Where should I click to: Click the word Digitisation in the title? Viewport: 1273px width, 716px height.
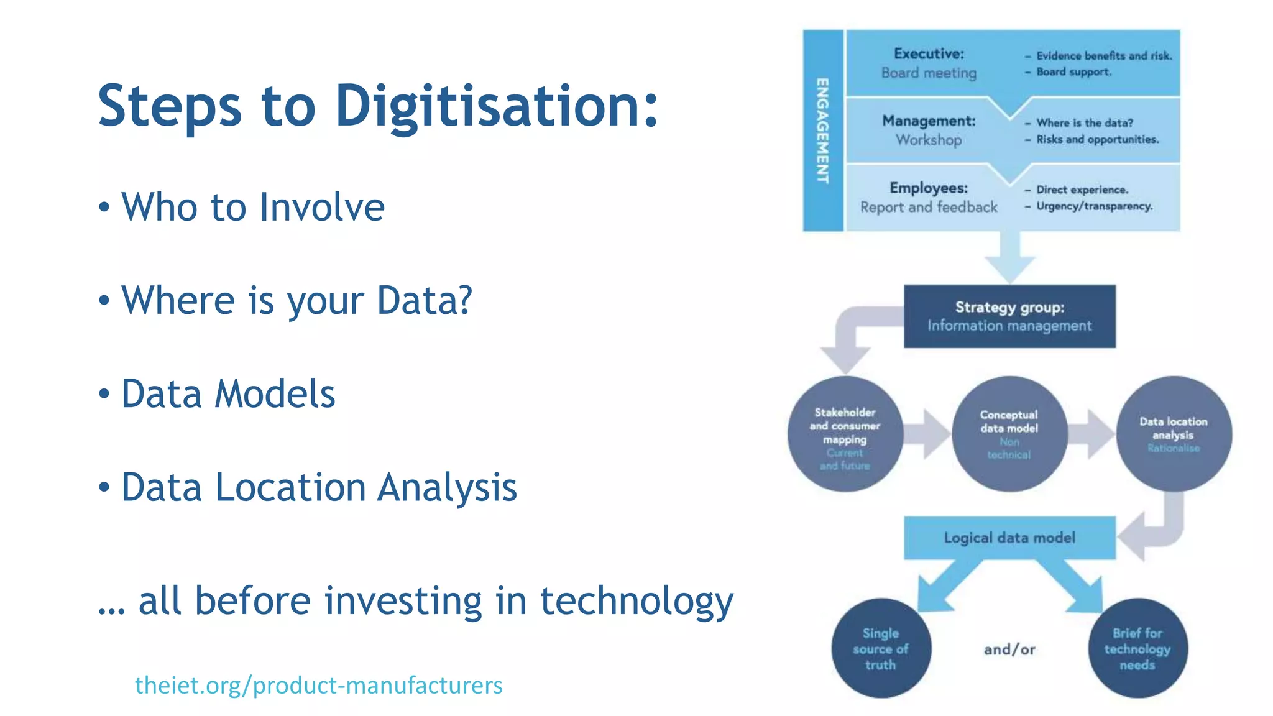[x=496, y=107]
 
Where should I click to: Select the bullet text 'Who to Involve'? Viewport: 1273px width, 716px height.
[x=253, y=207]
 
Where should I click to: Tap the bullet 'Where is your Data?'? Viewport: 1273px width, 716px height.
[x=296, y=301]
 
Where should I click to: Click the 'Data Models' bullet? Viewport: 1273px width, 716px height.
[x=228, y=394]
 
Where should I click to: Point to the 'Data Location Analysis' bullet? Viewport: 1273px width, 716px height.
[x=319, y=487]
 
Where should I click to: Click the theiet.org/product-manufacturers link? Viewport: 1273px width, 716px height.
[x=318, y=685]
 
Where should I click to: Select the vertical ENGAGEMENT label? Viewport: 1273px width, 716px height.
[x=822, y=131]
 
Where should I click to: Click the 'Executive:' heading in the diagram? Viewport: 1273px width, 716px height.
[x=929, y=54]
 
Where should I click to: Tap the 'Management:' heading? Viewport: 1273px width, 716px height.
[x=929, y=121]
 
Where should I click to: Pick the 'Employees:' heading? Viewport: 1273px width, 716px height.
[x=929, y=188]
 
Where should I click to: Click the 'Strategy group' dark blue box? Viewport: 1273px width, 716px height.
[x=1009, y=316]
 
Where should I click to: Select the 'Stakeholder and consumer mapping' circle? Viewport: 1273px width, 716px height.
[x=845, y=434]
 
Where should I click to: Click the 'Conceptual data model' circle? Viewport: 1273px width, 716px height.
[x=1009, y=434]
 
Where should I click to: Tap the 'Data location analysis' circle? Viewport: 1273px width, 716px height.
[x=1174, y=434]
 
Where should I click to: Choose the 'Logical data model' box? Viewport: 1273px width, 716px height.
[x=1009, y=538]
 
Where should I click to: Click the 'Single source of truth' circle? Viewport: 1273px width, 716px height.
[x=881, y=648]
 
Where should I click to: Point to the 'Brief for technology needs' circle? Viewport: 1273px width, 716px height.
[x=1137, y=648]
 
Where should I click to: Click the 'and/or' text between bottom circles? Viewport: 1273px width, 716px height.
[x=1009, y=649]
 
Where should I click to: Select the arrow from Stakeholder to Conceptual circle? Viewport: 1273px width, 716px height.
[x=927, y=434]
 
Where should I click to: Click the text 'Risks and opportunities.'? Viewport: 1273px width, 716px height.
[x=1097, y=139]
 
